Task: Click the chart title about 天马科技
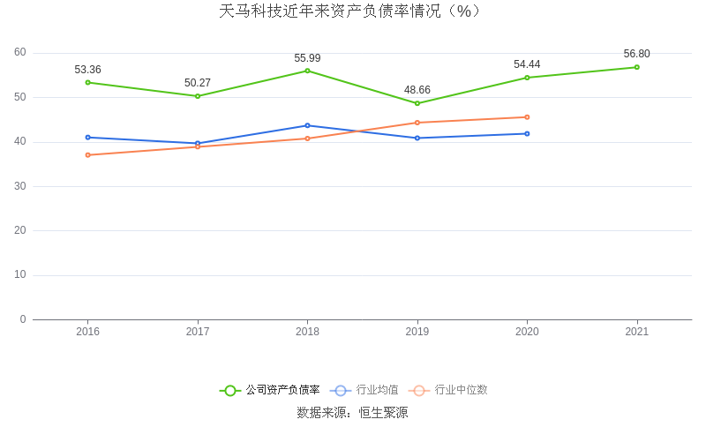click(x=351, y=11)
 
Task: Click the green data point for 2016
click(x=88, y=82)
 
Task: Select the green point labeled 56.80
click(x=636, y=67)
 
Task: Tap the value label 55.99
click(x=307, y=58)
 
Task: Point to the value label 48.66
click(x=417, y=90)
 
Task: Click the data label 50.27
click(x=198, y=83)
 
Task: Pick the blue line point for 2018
click(x=307, y=125)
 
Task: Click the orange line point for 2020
click(x=527, y=117)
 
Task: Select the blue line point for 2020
click(x=527, y=133)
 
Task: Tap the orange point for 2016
click(x=88, y=155)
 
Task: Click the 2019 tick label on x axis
click(x=417, y=332)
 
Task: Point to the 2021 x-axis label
click(x=636, y=332)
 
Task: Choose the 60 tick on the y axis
click(x=20, y=53)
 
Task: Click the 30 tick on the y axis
click(x=20, y=186)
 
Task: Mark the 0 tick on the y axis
click(x=23, y=319)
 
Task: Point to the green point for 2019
click(x=417, y=103)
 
